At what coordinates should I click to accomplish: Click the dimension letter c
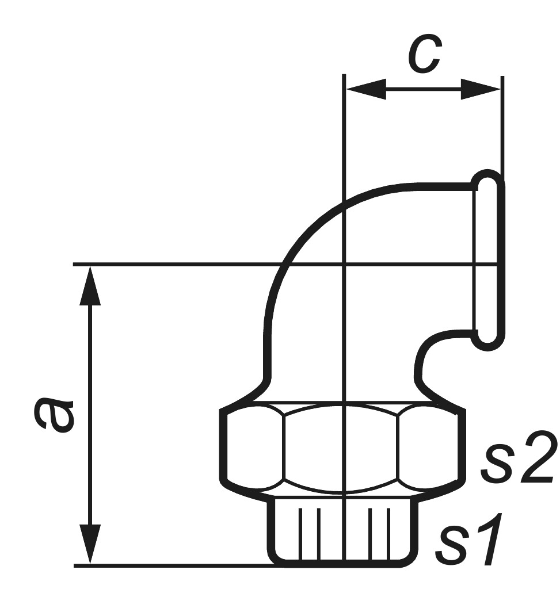click(425, 54)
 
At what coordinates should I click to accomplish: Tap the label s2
click(517, 459)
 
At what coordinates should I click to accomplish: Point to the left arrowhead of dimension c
click(366, 89)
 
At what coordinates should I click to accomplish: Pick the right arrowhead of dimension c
click(481, 89)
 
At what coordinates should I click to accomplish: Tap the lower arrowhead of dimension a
click(90, 544)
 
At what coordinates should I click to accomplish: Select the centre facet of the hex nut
click(342, 449)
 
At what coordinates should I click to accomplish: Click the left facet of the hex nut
click(253, 446)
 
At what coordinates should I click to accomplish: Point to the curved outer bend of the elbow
click(299, 230)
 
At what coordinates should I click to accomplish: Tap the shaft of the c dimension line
click(423, 89)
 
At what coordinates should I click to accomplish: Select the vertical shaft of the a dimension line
click(90, 414)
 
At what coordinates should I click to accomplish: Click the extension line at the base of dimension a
click(173, 565)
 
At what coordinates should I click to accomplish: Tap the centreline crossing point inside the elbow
click(344, 265)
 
